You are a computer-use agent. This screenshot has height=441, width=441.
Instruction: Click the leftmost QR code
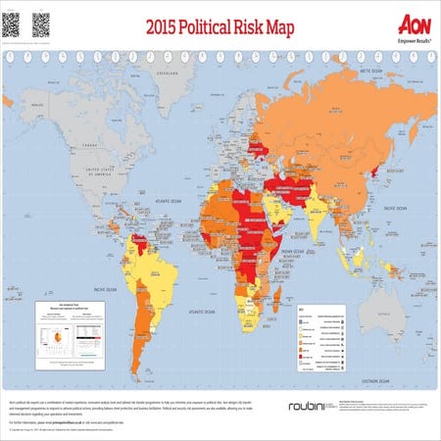point(13,23)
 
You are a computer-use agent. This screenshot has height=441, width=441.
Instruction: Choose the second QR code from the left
point(41,23)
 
